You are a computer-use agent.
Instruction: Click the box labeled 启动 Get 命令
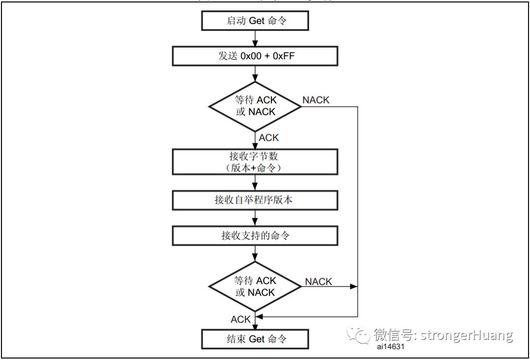click(x=255, y=21)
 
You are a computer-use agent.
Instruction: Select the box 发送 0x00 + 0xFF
click(x=255, y=56)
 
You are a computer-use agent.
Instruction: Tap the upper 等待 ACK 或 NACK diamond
click(x=255, y=106)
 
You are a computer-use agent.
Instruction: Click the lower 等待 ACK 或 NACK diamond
click(x=255, y=286)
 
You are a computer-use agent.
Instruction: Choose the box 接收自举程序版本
click(x=255, y=200)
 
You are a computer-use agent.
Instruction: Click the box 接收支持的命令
click(x=255, y=236)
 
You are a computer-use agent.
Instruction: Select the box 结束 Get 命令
click(x=255, y=339)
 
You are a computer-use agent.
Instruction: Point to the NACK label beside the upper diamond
click(x=316, y=100)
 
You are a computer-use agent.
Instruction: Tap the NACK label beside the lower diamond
click(x=318, y=282)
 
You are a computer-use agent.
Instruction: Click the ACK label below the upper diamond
click(x=269, y=138)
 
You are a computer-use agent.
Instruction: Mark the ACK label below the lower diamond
click(x=241, y=319)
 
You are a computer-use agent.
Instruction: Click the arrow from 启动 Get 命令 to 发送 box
click(x=255, y=38)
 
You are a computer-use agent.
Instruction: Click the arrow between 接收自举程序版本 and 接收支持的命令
click(x=255, y=218)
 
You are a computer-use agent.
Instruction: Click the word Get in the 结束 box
click(x=257, y=339)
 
